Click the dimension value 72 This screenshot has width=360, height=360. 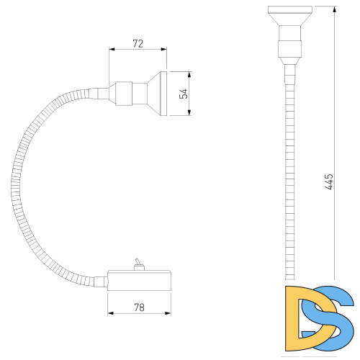pyautogui.click(x=138, y=44)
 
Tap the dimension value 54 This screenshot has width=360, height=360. pyautogui.click(x=184, y=94)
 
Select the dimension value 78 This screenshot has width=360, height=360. pyautogui.click(x=139, y=307)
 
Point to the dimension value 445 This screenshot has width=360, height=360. pyautogui.click(x=329, y=182)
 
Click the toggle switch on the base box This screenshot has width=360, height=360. pyautogui.click(x=138, y=264)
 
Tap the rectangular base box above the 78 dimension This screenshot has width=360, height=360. pyautogui.click(x=139, y=281)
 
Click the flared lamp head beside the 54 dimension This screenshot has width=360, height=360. pyautogui.click(x=157, y=94)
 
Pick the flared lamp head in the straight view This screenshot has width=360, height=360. pyautogui.click(x=290, y=16)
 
